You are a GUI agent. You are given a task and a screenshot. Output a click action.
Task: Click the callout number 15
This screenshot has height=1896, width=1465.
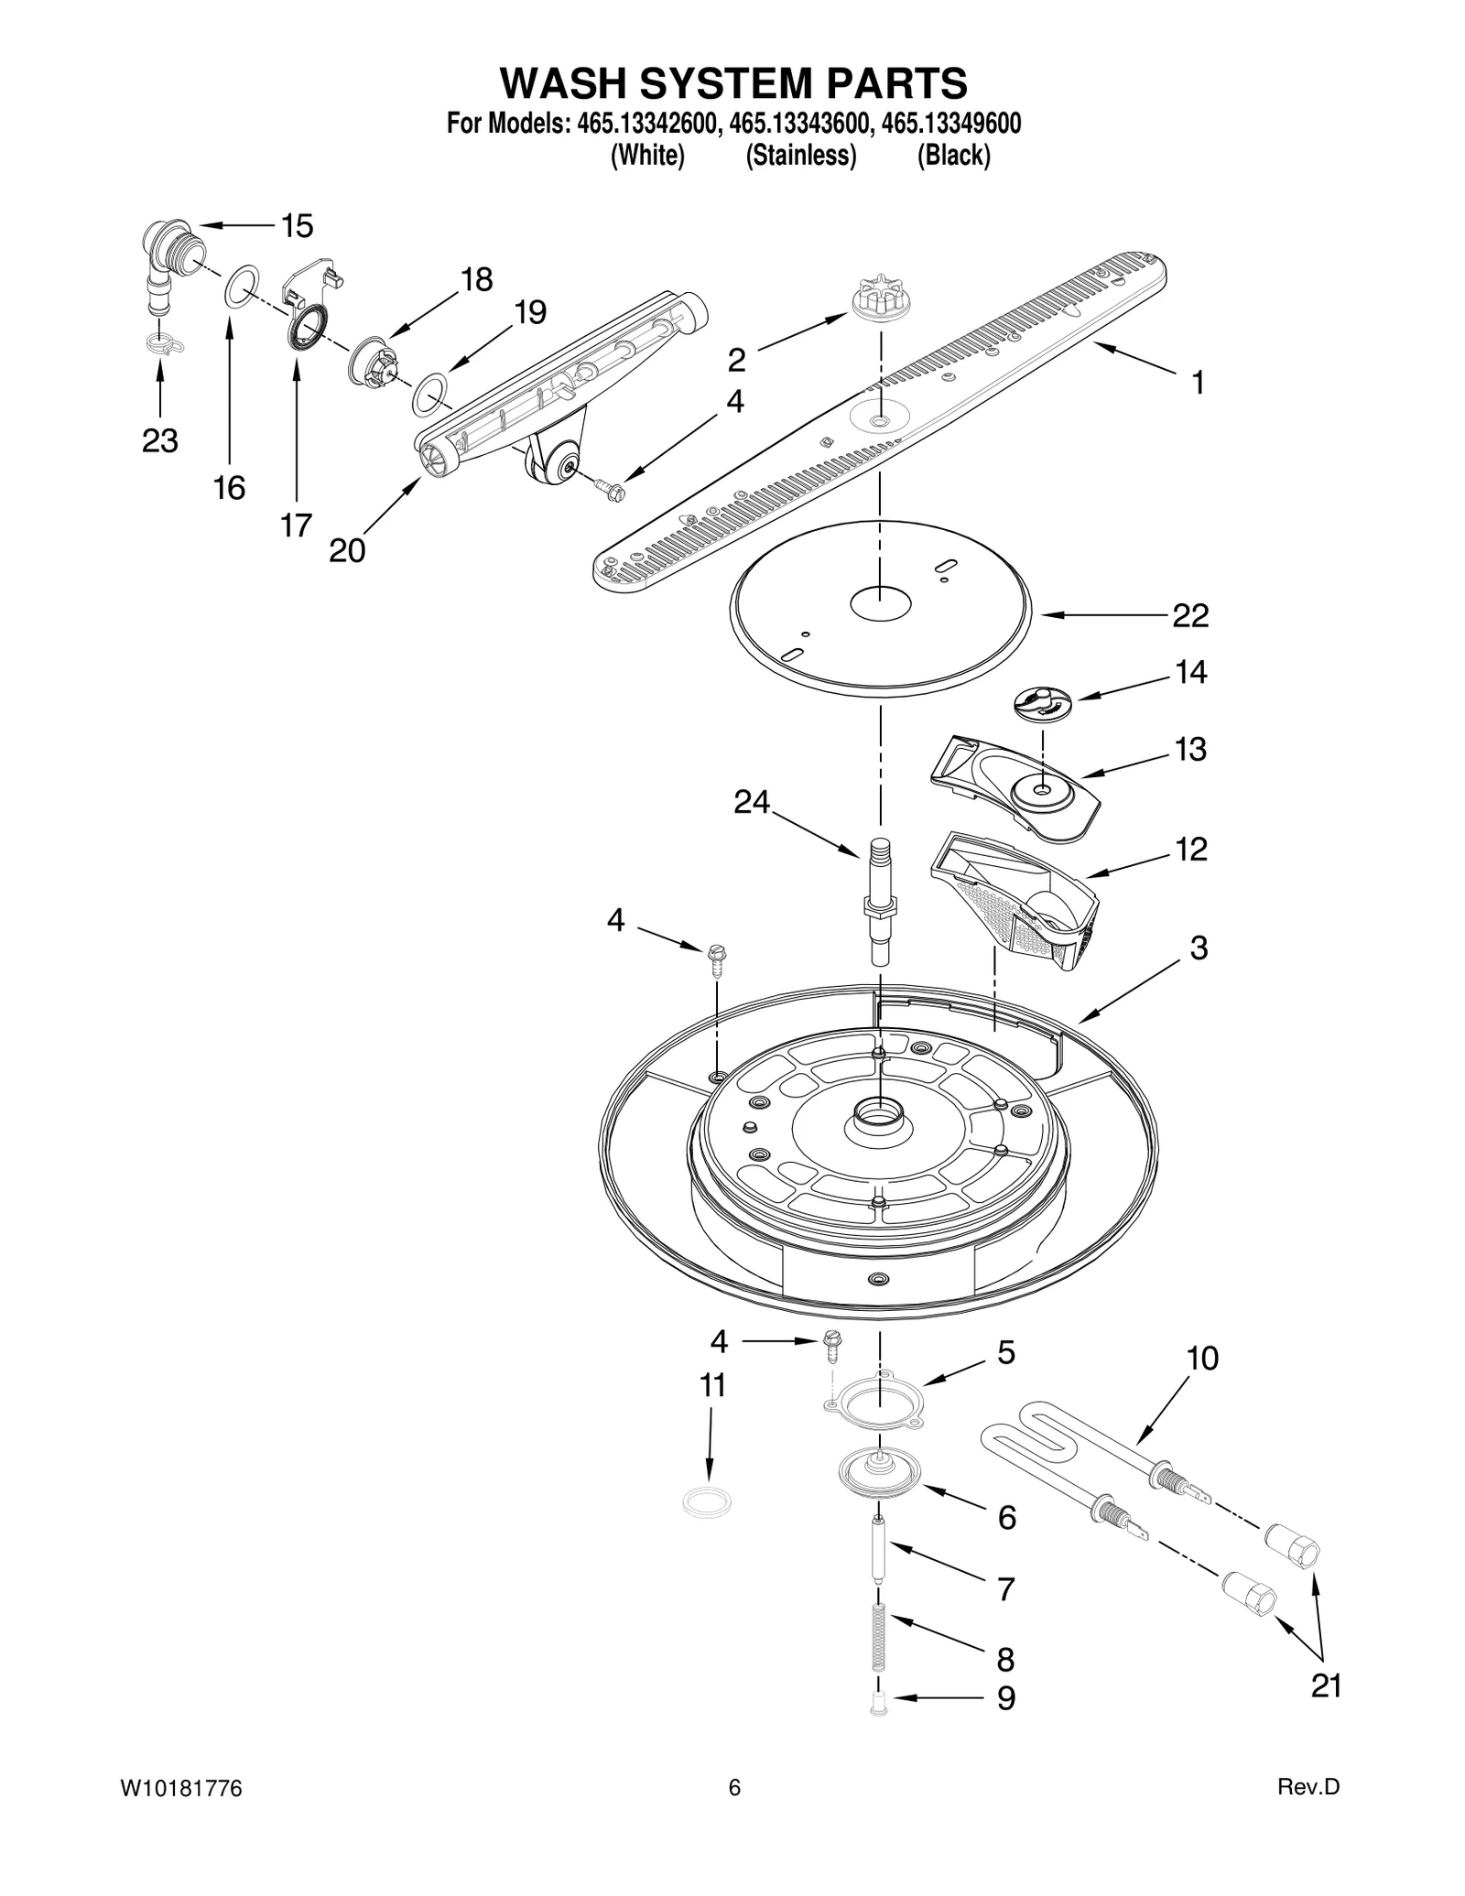pyautogui.click(x=297, y=225)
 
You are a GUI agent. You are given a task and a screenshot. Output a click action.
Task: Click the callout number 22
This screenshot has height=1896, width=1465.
pyautogui.click(x=1190, y=615)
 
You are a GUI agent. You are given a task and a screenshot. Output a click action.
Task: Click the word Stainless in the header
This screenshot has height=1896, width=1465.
pyautogui.click(x=800, y=156)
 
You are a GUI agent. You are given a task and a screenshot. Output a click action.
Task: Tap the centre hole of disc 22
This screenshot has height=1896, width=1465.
pyautogui.click(x=880, y=603)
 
